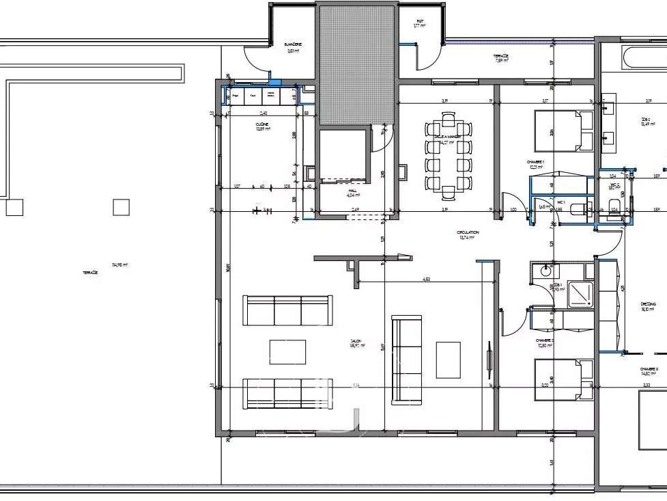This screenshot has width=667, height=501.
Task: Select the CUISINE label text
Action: (262, 124)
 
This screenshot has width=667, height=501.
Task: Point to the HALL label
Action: (352, 191)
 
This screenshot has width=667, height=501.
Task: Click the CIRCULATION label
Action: (468, 232)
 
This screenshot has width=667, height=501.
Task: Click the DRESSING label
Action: (648, 304)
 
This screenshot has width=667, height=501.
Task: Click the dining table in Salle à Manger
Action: (448, 154)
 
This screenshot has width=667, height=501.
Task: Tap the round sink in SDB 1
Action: (545, 271)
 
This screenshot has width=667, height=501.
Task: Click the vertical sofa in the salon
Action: (406, 359)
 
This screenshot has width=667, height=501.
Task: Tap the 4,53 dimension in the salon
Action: (426, 279)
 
